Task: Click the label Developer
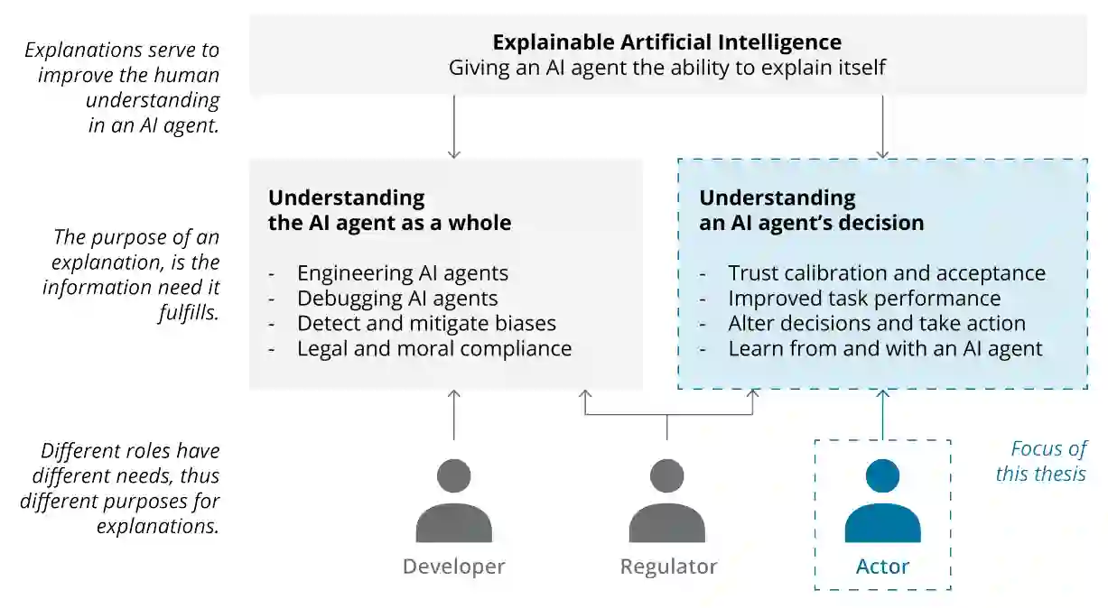[x=453, y=567]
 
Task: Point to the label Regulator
[x=668, y=567]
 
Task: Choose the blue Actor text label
[x=882, y=567]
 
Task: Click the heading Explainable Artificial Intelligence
[x=667, y=42]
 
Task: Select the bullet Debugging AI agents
[x=397, y=298]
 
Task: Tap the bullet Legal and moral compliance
[x=434, y=348]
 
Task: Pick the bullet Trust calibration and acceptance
[x=887, y=272]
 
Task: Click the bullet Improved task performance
[x=864, y=298]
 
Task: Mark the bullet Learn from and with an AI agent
[x=885, y=348]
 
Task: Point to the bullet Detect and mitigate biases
[x=426, y=323]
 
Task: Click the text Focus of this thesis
[x=1040, y=461]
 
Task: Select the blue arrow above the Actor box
[x=882, y=414]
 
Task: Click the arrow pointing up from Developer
[x=453, y=414]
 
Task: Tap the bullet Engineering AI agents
[x=403, y=272]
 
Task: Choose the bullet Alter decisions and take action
[x=877, y=323]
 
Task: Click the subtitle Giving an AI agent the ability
[x=667, y=68]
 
